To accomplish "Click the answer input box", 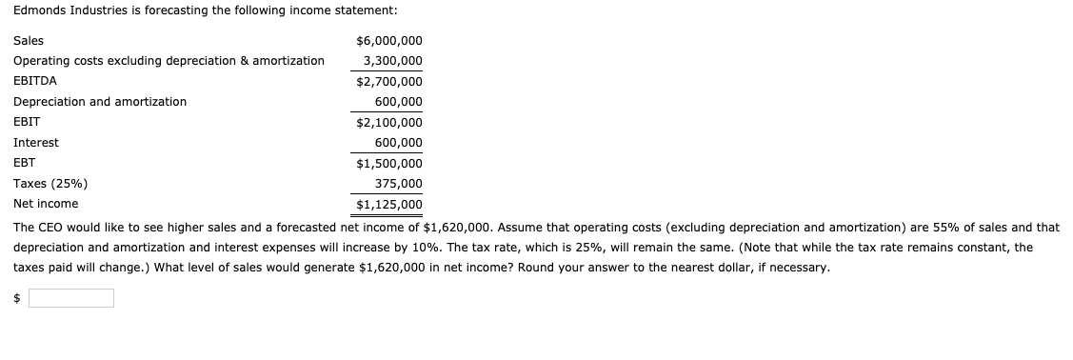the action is [x=70, y=298].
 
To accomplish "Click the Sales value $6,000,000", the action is [x=388, y=41].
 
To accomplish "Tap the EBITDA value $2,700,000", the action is [x=388, y=82].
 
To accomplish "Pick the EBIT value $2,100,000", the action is [x=388, y=122].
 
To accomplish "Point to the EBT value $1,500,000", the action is [x=388, y=163].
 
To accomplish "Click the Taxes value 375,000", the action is [x=399, y=183].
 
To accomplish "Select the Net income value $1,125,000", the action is [x=388, y=204].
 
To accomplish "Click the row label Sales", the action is [x=29, y=41].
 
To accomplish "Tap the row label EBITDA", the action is [x=34, y=82].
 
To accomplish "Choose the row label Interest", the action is [x=36, y=143].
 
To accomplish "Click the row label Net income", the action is [x=46, y=204].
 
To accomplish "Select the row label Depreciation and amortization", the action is [x=100, y=102].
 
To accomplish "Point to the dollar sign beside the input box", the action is [x=17, y=298].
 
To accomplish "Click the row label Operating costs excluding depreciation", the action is [x=169, y=61].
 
